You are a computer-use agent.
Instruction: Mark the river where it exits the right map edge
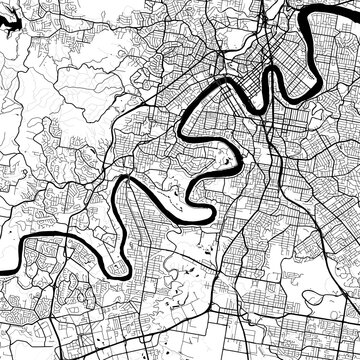pos(357,10)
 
